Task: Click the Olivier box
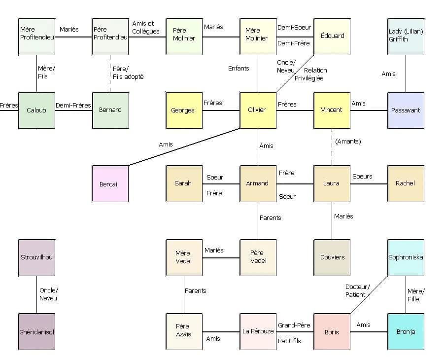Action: coord(258,110)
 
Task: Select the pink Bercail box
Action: coord(110,184)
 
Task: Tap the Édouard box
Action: coord(332,37)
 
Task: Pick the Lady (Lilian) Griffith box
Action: coord(406,37)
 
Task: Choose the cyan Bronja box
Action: coord(406,332)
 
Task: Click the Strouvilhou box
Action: coord(37,257)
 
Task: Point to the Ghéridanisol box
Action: coord(37,332)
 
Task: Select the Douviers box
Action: coord(332,257)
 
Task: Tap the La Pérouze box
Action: coord(258,332)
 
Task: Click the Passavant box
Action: coord(406,110)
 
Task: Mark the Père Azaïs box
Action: coord(184,332)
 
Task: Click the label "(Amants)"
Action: coord(348,142)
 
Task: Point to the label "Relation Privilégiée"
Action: coord(311,74)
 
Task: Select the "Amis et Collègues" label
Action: coord(145,28)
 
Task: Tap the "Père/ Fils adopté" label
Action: coord(128,73)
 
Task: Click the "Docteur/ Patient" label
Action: coord(358,291)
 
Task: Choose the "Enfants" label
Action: coord(239,69)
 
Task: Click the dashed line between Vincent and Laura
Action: coord(332,147)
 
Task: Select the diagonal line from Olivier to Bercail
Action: coord(184,147)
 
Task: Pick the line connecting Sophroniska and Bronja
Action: coord(406,295)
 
